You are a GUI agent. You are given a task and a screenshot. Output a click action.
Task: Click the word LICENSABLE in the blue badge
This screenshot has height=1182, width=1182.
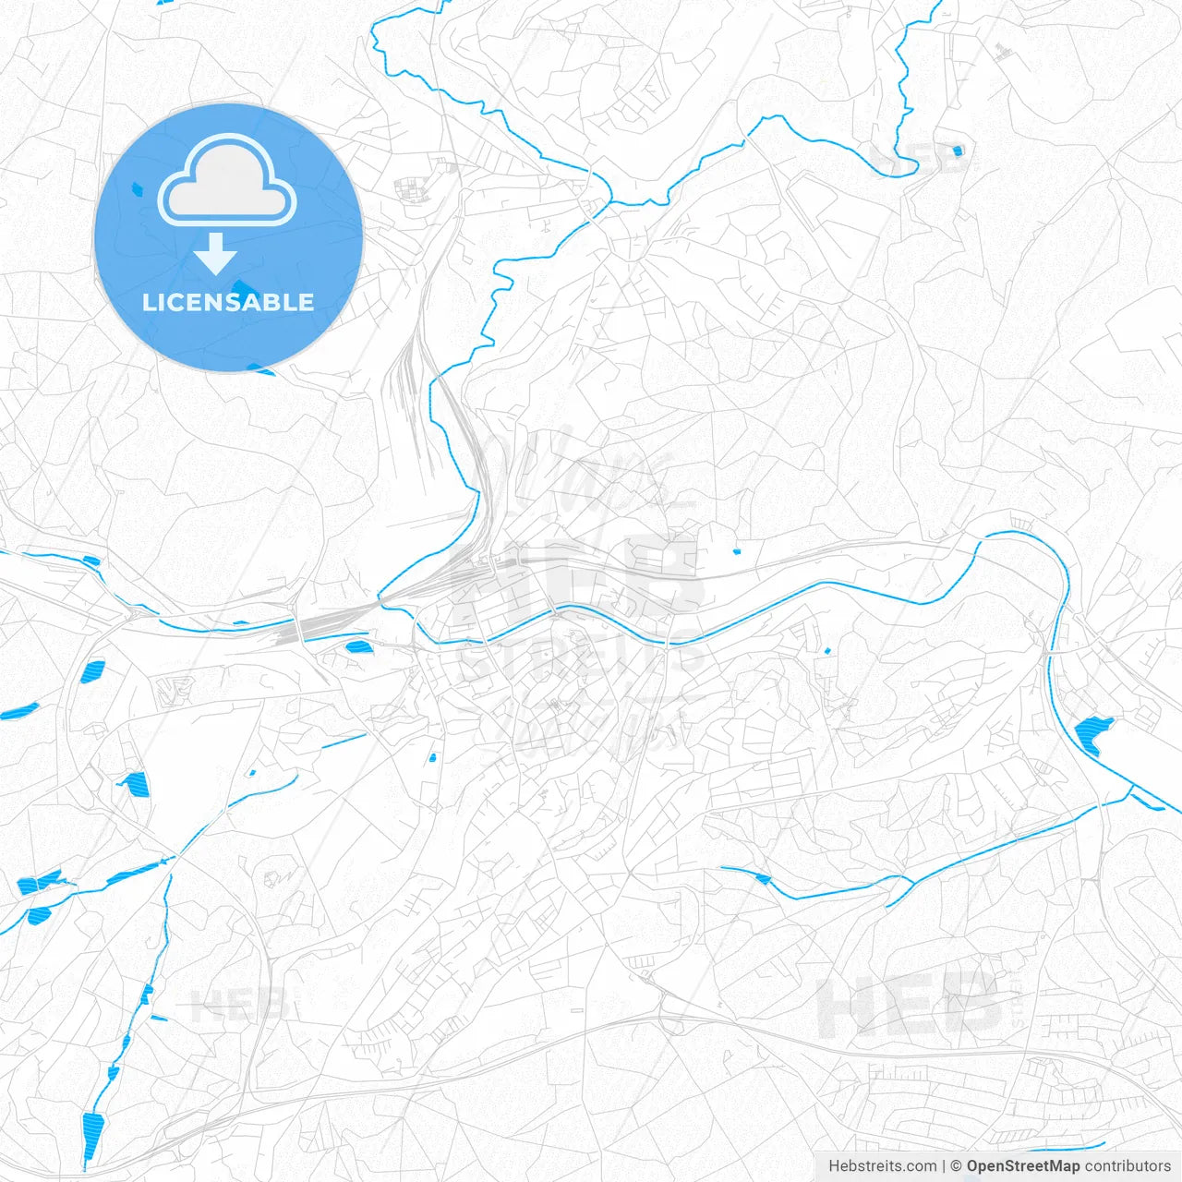tap(228, 302)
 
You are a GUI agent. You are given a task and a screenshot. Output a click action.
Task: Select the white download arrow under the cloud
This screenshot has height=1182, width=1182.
tap(216, 254)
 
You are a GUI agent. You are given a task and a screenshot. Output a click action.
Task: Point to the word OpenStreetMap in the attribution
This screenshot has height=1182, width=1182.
tap(1022, 1166)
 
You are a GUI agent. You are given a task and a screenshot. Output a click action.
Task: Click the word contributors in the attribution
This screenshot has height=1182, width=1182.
tap(1128, 1166)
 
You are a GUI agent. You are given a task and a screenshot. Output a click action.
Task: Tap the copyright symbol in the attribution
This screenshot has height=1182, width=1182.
tap(957, 1166)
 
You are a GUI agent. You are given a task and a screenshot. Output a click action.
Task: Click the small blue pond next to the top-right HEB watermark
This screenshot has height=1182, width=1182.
tap(957, 150)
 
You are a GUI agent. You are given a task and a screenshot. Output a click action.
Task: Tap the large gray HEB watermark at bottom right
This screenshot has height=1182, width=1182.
tap(910, 1007)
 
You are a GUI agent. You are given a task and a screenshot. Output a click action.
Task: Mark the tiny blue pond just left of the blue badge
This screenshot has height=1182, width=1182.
tap(138, 188)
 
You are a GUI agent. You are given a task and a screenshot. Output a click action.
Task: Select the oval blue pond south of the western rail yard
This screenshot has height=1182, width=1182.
tap(356, 645)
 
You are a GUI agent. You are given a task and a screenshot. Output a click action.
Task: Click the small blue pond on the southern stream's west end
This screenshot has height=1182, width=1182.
tap(762, 877)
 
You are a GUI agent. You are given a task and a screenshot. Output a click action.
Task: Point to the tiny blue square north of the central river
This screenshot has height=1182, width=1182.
tap(737, 551)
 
